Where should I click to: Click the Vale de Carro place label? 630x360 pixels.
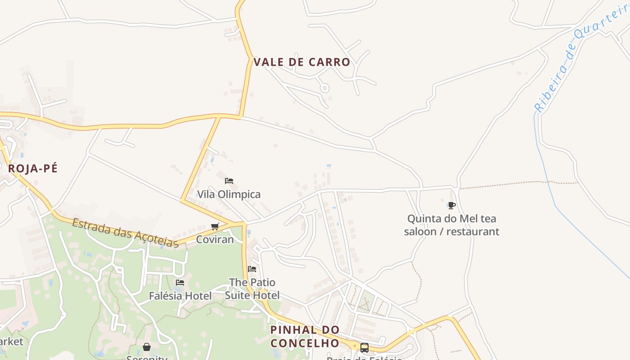302,62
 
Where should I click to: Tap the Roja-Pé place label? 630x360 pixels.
33,168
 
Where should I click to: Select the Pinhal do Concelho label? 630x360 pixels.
305,336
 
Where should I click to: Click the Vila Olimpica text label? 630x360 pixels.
229,194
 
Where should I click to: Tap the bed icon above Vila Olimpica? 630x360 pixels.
229,181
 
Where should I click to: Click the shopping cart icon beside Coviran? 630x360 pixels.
215,226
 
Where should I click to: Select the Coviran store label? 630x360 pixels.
215,239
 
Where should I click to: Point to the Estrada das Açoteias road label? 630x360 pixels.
126,233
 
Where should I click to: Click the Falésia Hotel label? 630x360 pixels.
180,296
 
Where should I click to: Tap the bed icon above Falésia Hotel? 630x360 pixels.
180,283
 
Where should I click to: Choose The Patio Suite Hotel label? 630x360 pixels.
252,288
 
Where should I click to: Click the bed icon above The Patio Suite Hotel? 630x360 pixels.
252,269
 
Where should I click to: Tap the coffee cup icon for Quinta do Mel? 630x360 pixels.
452,206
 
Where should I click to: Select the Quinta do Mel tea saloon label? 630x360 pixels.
451,225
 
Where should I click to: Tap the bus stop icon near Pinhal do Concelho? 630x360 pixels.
364,347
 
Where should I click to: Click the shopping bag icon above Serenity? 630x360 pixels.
147,347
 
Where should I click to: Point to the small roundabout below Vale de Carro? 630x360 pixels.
324,88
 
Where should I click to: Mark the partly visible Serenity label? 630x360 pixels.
147,358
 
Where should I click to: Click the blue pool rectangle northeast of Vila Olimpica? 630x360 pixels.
329,166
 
